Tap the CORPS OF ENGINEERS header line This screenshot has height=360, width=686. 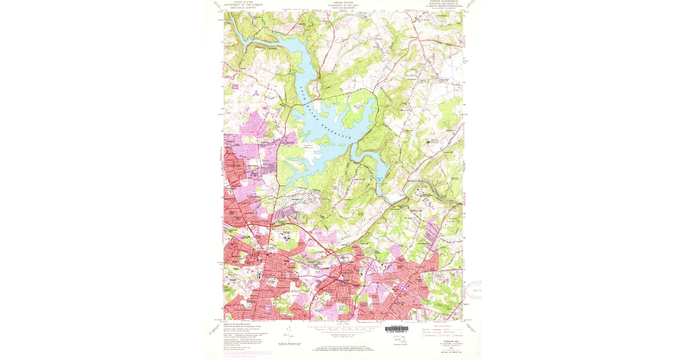click(x=344, y=8)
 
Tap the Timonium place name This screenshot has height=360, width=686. click(x=236, y=166)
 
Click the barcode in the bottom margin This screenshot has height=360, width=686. click(x=397, y=329)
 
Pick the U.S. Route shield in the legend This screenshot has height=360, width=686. click(x=444, y=336)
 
